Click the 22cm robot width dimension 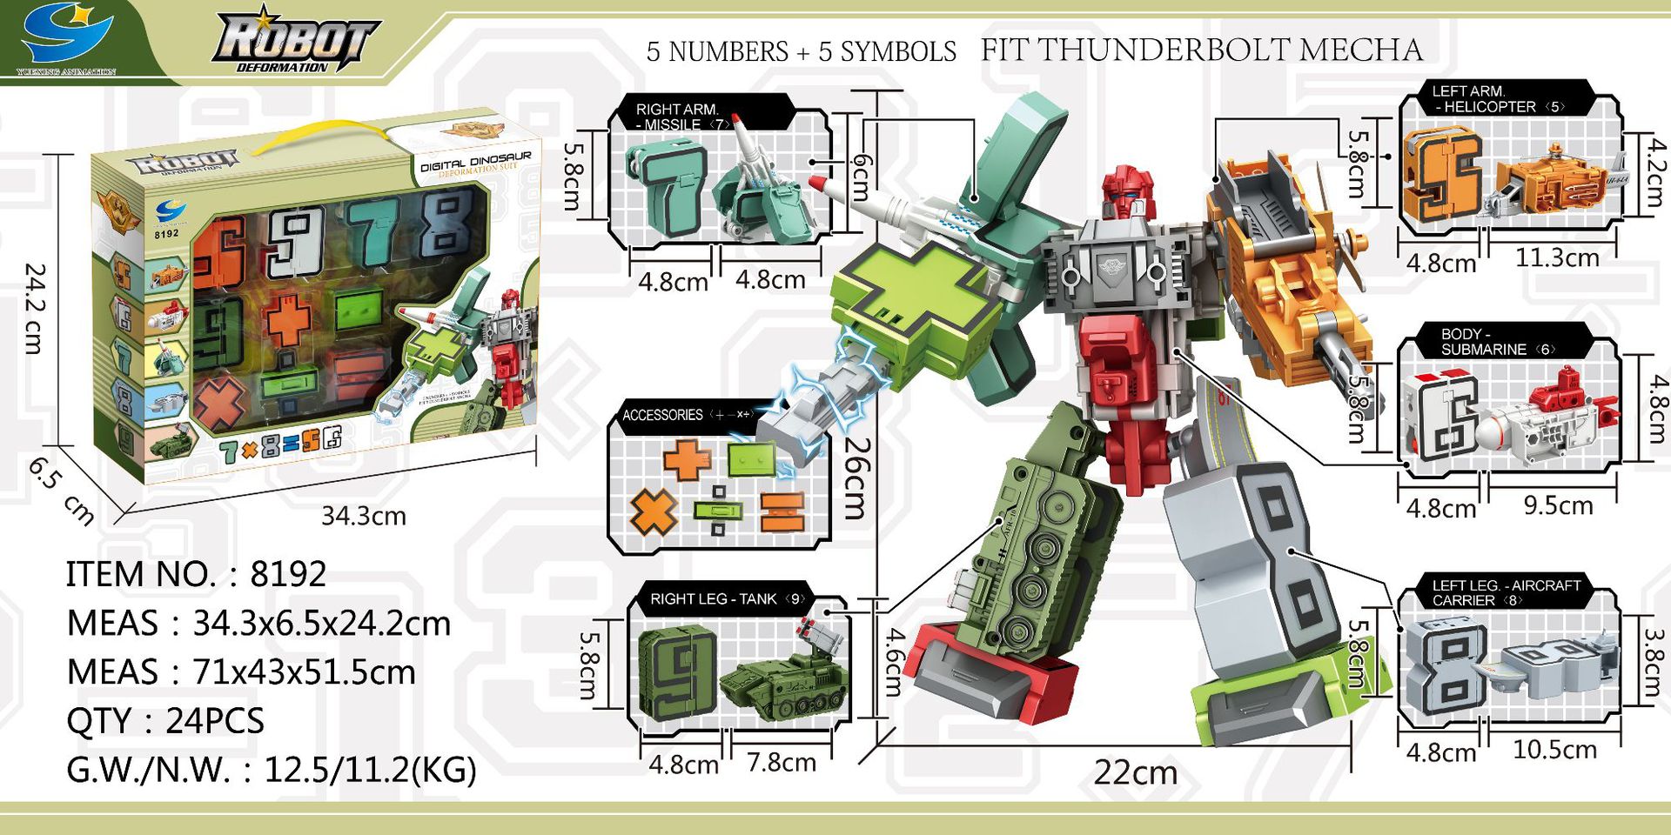pos(1135,772)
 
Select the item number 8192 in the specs pos(288,574)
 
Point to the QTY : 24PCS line pos(165,721)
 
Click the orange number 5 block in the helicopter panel pos(1440,175)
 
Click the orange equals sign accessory pos(781,511)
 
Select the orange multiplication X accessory pos(654,512)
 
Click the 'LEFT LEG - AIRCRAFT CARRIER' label pos(1506,592)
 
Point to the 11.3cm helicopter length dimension pos(1557,258)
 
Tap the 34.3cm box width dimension pos(363,516)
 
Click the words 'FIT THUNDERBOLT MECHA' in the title pos(1202,50)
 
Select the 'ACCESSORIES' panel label pos(662,415)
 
